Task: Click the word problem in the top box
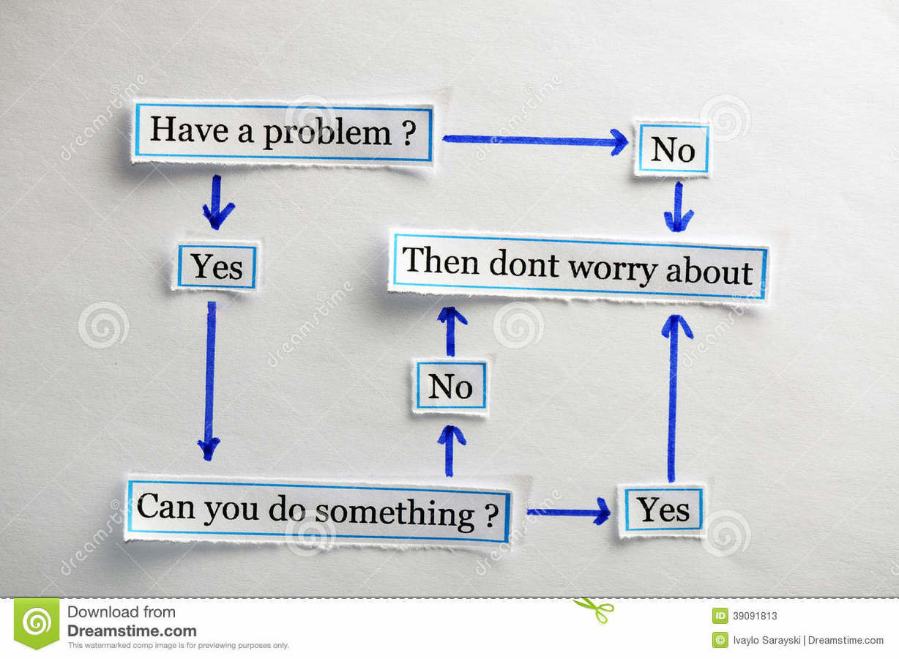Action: pos(327,133)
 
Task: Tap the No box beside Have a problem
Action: pos(673,149)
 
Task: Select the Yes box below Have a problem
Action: pos(217,267)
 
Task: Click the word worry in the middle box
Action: pos(613,269)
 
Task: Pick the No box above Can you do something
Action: pos(449,386)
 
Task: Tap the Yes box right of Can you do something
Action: pos(663,510)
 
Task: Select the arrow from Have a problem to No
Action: pos(534,140)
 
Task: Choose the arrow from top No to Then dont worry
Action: pos(679,206)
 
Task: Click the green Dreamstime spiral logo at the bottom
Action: pos(37,623)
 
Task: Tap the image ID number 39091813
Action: pos(755,616)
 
